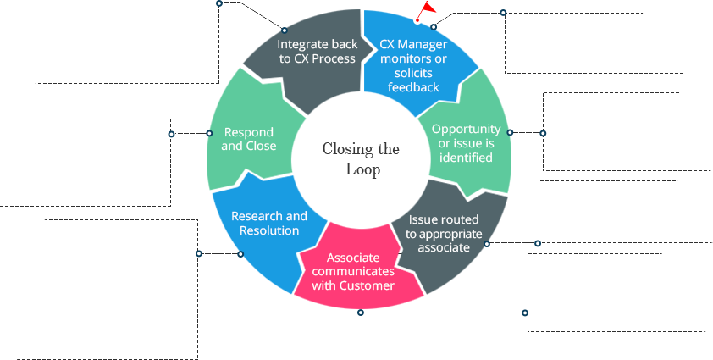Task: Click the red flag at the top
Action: (x=428, y=8)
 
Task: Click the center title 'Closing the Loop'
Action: (x=361, y=159)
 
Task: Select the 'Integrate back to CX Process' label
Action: (x=318, y=50)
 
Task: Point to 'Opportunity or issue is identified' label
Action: (x=467, y=142)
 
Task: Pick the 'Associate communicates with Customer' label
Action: (x=353, y=271)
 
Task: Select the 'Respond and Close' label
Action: (x=248, y=139)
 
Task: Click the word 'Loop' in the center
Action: (x=362, y=169)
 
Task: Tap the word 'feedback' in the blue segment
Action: (x=414, y=86)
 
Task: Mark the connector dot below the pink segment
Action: (x=361, y=313)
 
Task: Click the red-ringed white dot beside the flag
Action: (x=417, y=19)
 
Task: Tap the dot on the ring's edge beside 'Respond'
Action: (x=208, y=133)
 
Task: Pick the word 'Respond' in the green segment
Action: (x=248, y=132)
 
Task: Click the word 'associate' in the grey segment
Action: (x=443, y=247)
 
